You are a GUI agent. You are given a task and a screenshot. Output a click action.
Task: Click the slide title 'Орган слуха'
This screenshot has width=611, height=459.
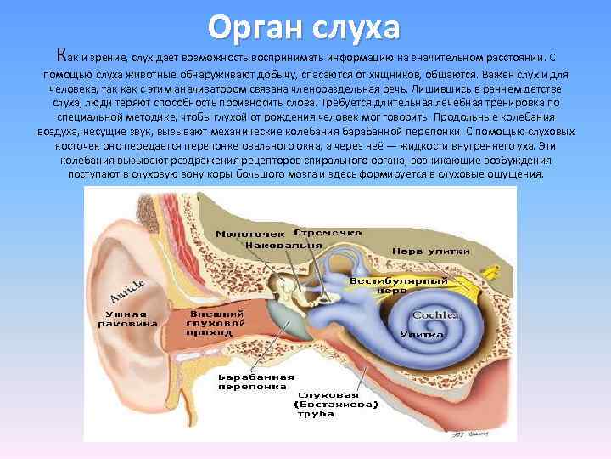click(x=305, y=27)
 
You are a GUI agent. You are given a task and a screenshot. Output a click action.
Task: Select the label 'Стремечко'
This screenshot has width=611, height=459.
click(x=328, y=231)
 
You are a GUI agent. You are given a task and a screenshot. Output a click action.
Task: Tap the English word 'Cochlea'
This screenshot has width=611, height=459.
click(x=435, y=315)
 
